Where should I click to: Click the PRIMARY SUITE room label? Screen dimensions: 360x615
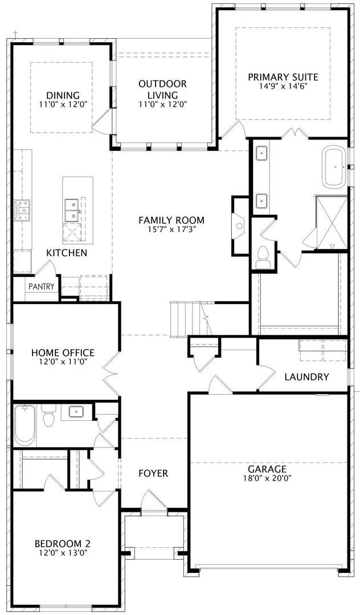pyautogui.click(x=283, y=77)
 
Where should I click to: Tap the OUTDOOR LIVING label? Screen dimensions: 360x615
pyautogui.click(x=162, y=89)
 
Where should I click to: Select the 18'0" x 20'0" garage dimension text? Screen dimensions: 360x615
pyautogui.click(x=267, y=478)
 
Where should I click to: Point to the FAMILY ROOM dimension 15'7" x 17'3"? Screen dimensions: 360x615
pyautogui.click(x=171, y=230)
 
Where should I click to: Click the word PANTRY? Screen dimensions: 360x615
pyautogui.click(x=41, y=286)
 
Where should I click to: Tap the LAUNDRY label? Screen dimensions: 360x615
pyautogui.click(x=306, y=378)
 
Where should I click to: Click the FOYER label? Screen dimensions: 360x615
pyautogui.click(x=153, y=473)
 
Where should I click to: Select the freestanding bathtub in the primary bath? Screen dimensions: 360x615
pyautogui.click(x=335, y=167)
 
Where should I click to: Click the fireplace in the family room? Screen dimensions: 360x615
pyautogui.click(x=239, y=226)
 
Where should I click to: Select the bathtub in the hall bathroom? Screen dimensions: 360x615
pyautogui.click(x=24, y=426)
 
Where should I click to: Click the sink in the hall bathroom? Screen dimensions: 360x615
pyautogui.click(x=75, y=412)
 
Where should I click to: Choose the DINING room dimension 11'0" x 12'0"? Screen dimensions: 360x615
pyautogui.click(x=63, y=104)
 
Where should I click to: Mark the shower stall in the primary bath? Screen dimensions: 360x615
pyautogui.click(x=332, y=223)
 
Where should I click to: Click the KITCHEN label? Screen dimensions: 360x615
pyautogui.click(x=67, y=253)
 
